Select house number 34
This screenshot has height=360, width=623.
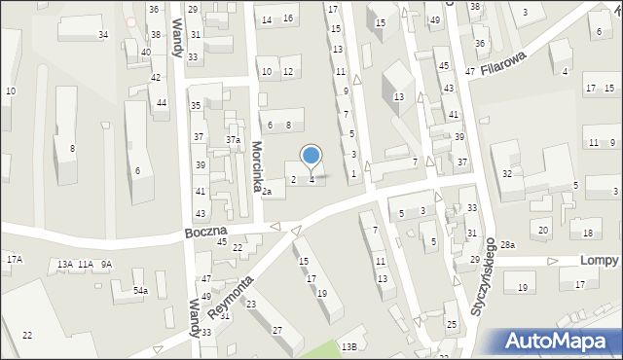(103, 35)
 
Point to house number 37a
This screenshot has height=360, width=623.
(234, 140)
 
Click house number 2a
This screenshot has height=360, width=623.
(266, 192)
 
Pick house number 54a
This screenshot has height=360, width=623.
(141, 291)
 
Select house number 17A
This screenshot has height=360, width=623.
(15, 259)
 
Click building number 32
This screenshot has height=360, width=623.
(507, 173)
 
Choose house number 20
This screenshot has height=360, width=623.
(543, 230)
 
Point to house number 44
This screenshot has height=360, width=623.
(162, 102)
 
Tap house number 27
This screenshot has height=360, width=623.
(277, 330)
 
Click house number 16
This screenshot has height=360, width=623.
(288, 18)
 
